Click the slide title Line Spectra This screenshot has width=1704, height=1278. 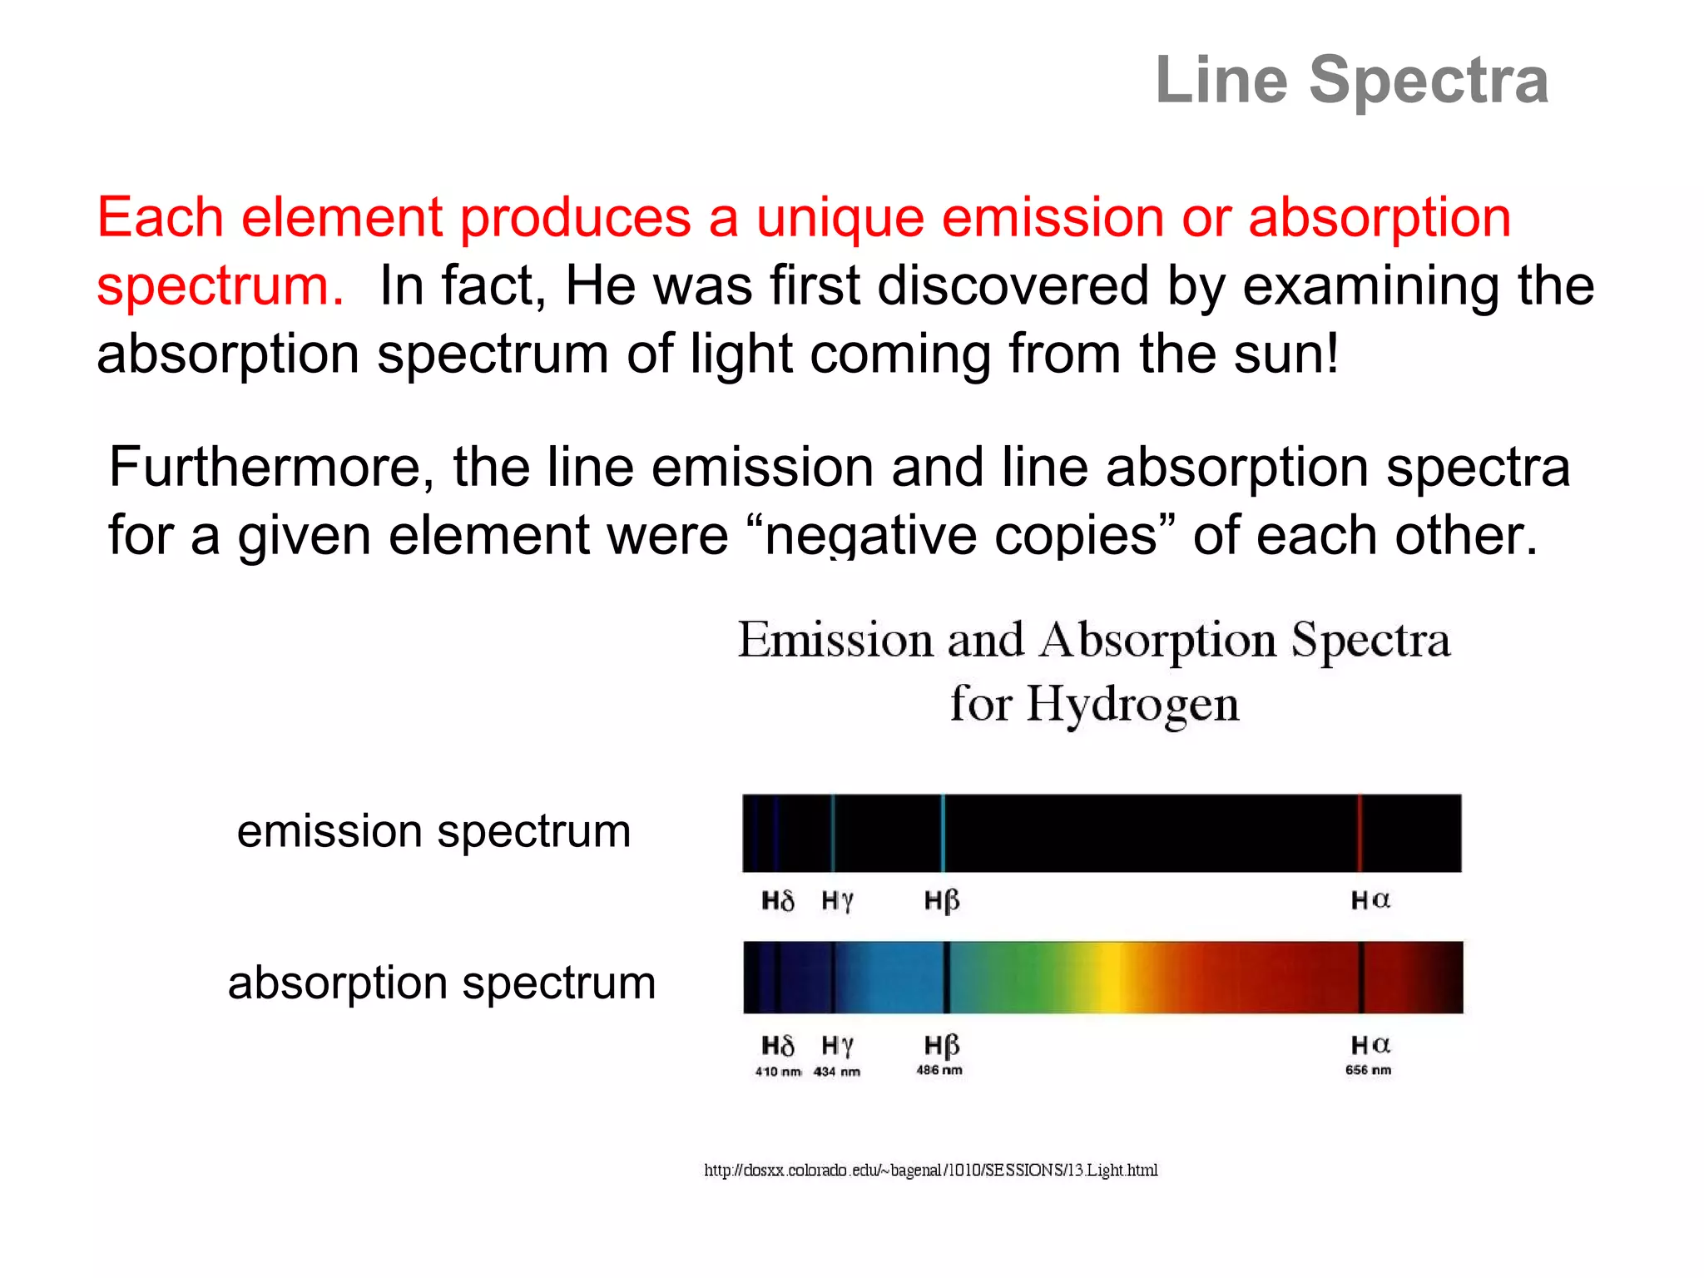click(1351, 80)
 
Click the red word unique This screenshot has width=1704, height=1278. click(840, 218)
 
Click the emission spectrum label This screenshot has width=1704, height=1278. click(433, 831)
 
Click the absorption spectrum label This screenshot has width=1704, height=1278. click(442, 983)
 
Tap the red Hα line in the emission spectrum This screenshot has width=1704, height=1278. click(1360, 833)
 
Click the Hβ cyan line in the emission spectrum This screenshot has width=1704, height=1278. click(943, 833)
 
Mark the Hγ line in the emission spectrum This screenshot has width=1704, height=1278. click(833, 833)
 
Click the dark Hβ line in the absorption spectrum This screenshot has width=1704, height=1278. click(946, 978)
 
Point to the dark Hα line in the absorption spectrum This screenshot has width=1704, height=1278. click(1361, 978)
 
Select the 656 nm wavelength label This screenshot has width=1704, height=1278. click(1368, 1070)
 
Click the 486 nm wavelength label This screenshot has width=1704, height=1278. click(939, 1070)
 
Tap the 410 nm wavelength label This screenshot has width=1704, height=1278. click(778, 1072)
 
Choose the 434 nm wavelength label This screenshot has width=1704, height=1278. click(837, 1072)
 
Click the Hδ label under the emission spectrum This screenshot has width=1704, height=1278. click(778, 900)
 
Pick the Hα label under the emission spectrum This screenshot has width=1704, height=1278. click(1370, 899)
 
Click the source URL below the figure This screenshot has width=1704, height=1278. click(930, 1170)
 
